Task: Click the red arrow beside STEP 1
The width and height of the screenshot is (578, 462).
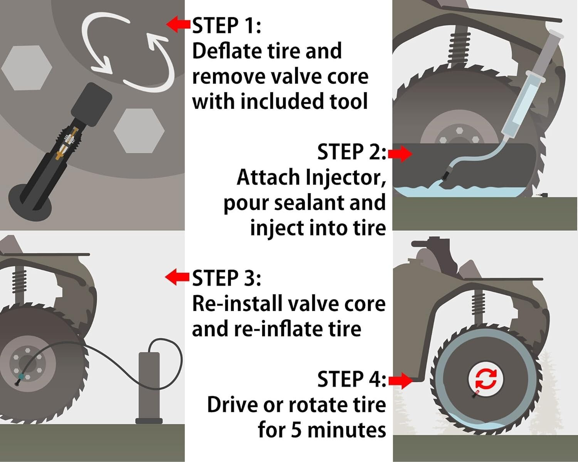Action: [178, 24]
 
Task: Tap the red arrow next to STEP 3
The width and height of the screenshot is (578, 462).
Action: [177, 277]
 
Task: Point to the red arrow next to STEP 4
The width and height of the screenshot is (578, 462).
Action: [400, 381]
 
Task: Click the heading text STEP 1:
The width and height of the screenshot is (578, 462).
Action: [227, 26]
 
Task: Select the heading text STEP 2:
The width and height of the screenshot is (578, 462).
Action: [351, 152]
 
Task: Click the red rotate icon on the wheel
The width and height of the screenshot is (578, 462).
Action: [486, 378]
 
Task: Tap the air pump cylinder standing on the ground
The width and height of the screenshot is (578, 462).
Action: [149, 385]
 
